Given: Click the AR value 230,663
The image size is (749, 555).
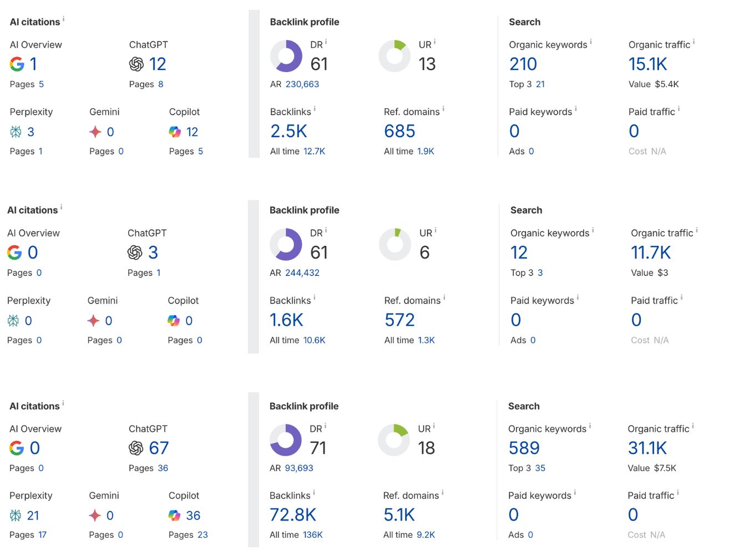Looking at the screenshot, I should coord(302,84).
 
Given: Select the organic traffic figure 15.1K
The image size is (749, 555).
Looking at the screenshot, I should coord(647,64).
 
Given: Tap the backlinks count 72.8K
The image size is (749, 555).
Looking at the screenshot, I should coord(292,515).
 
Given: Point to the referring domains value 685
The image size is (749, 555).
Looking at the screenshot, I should coord(399,132).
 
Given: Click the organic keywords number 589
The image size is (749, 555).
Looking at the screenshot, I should coord(524,448).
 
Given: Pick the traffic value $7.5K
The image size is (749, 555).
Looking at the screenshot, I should coord(665,468).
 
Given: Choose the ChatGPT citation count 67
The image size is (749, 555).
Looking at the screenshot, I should coord(159,448).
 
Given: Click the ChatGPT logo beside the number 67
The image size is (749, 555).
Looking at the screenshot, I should coord(136,448).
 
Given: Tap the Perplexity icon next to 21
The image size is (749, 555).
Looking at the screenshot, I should coord(16,516).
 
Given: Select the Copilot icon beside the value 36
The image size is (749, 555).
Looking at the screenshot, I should coord(175,516).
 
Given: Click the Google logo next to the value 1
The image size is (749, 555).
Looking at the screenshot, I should coord(17,64).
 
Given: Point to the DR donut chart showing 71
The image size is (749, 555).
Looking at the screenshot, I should coord(286,440).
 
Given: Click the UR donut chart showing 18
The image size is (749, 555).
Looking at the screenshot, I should coord(394,440).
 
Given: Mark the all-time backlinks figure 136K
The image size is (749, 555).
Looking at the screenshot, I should coord(312,535).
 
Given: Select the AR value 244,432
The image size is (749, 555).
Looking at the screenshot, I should coord(302,273).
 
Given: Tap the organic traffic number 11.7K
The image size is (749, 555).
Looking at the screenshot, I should coord(650,253).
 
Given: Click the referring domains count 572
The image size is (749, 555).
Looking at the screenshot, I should coord(399,320).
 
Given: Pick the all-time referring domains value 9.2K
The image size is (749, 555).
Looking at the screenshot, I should coord(426,535).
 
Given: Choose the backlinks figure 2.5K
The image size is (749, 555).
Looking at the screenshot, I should coord(289,132).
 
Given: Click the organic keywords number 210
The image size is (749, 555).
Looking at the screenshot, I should coord(523,64).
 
